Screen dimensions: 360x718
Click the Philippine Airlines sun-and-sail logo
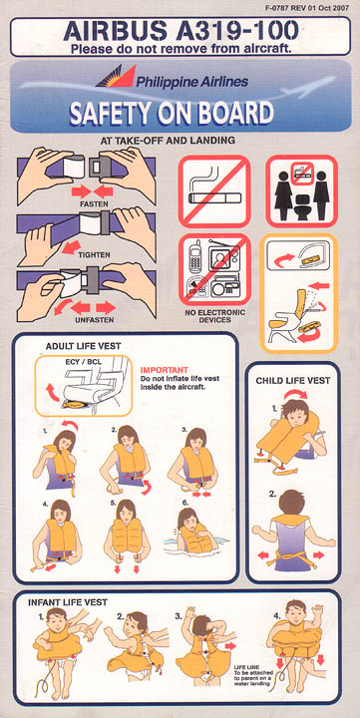(117, 76)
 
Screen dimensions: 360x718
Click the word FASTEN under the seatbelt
(94, 202)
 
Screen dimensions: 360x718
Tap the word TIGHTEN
(94, 255)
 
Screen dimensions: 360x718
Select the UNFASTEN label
(94, 320)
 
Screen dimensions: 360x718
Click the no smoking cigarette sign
(214, 191)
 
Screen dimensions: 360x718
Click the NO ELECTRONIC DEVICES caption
(214, 316)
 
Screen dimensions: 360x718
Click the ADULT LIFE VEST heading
(84, 346)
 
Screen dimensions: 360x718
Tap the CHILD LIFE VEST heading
(292, 381)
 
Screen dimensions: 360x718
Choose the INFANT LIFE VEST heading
(68, 602)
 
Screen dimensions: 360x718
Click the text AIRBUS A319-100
(180, 31)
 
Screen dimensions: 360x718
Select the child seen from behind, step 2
(293, 532)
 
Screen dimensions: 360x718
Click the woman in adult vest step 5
(127, 533)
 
